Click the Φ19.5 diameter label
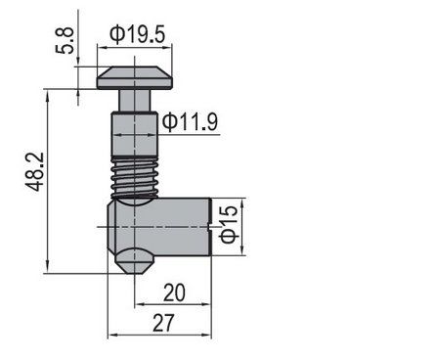coord(138,34)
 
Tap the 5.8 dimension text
coord(65,40)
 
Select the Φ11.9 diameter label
coord(190,122)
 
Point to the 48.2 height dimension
coord(34,171)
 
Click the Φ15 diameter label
coord(230,224)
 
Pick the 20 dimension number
coord(174,292)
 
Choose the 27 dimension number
coord(163,323)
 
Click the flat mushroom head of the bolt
coord(134,77)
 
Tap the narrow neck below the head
coord(134,101)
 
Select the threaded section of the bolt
coord(135,177)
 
